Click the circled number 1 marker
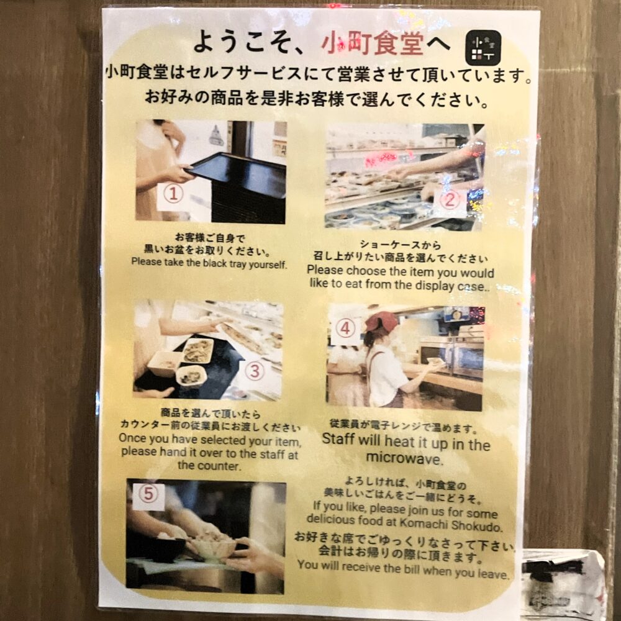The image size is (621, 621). (173, 194)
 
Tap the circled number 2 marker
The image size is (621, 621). (449, 200)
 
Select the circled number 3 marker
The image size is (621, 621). (255, 371)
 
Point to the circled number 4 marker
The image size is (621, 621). (345, 329)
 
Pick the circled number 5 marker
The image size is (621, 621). (148, 494)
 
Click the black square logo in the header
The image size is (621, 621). (483, 48)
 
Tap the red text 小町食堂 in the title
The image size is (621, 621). (373, 43)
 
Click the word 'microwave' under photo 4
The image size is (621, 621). (403, 459)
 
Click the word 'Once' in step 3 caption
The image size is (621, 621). (133, 438)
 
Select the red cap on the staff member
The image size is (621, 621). (381, 320)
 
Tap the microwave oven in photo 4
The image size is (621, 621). (451, 356)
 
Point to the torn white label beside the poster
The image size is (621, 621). (563, 582)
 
